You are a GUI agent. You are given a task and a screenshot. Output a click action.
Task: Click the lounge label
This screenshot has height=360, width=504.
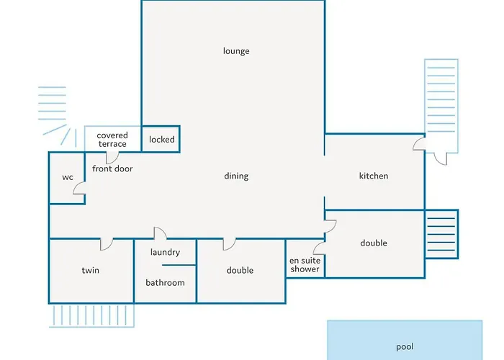(x=236, y=51)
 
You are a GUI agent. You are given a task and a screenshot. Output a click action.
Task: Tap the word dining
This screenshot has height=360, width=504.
(x=236, y=176)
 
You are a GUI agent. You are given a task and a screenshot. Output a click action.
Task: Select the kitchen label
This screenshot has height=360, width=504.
(x=374, y=176)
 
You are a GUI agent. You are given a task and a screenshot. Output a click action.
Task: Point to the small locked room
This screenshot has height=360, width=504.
(x=161, y=139)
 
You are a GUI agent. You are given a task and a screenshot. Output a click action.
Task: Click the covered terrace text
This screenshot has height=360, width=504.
(x=112, y=140)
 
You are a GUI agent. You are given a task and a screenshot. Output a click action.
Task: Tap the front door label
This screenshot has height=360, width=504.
(x=112, y=168)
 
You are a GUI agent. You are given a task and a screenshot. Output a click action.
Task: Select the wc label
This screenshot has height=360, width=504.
(x=68, y=177)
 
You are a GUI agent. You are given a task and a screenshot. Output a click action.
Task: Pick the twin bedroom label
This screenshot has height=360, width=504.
(x=90, y=271)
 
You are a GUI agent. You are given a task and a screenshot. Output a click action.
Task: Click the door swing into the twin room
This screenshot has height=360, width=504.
(x=106, y=244)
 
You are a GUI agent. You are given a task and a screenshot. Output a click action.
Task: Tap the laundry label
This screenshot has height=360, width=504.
(x=165, y=252)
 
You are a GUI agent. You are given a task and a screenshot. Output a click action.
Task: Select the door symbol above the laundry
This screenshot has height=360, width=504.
(x=160, y=233)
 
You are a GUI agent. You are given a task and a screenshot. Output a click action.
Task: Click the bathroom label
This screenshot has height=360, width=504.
(x=165, y=283)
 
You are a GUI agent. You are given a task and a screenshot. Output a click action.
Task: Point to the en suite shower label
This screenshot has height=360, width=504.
(x=305, y=265)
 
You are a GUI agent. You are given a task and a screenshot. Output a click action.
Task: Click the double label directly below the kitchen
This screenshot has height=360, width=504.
(x=374, y=243)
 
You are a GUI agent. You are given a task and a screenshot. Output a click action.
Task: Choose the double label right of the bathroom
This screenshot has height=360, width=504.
(x=240, y=271)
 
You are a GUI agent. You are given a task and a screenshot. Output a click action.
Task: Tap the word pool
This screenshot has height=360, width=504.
(x=405, y=347)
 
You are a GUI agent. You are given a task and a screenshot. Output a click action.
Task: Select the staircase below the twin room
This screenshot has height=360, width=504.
(x=91, y=315)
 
